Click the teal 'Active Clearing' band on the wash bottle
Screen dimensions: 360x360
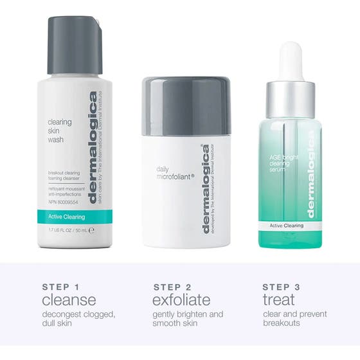(73, 217)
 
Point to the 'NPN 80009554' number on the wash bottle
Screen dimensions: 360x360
(63, 201)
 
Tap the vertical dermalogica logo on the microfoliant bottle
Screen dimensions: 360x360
(206, 190)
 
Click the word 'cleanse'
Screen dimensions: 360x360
(69, 300)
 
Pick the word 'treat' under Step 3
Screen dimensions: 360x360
(279, 300)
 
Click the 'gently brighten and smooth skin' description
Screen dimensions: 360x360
(188, 319)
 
